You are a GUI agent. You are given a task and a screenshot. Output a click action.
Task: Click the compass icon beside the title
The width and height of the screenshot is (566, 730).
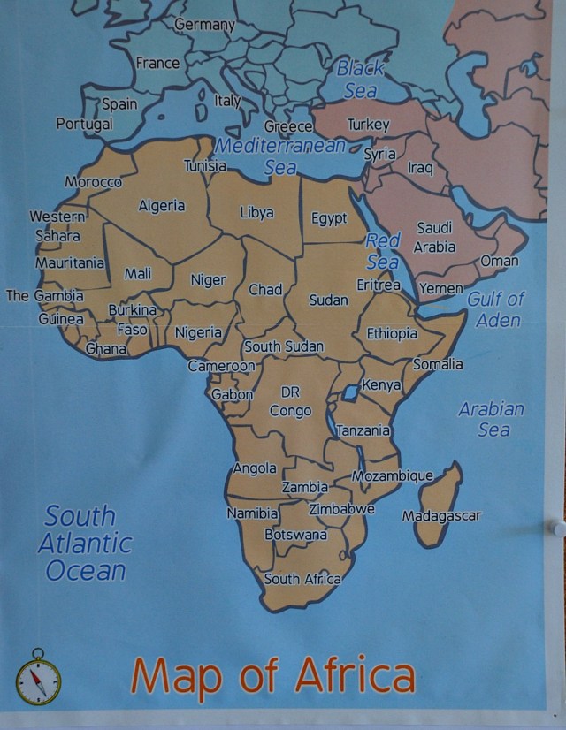coord(38,678)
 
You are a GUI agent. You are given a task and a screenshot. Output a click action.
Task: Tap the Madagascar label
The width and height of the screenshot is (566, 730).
coord(441,515)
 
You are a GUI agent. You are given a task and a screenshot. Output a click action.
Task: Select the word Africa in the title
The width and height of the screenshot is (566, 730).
coord(355,675)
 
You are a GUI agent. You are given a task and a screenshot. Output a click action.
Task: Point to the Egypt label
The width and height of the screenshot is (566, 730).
coord(329,218)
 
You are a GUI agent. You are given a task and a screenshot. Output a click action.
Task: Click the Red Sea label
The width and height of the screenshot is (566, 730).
coord(382,251)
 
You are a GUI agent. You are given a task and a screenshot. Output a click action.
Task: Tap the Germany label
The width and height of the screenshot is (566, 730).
coord(204,25)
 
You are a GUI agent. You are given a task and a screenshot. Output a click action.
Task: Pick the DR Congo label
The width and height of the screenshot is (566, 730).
coord(290,401)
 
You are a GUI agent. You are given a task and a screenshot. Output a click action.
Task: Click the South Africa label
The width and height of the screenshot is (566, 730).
coord(302,579)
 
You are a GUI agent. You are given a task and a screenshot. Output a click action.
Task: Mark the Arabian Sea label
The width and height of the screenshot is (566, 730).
coord(492,419)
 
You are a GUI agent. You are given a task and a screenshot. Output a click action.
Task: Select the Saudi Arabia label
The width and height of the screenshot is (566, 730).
coord(434,238)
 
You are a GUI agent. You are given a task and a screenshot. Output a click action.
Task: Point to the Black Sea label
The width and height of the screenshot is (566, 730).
coord(360,79)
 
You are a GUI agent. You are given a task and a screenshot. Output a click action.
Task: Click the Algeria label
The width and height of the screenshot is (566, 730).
coord(162,206)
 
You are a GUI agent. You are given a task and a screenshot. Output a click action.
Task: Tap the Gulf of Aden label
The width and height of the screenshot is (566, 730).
coord(496,309)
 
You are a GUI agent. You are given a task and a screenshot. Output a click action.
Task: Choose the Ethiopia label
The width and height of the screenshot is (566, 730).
coord(392,334)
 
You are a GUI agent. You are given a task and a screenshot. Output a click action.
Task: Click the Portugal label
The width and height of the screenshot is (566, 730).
coord(84,124)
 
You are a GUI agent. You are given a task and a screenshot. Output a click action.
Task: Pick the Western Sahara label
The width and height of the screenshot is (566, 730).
coord(57,226)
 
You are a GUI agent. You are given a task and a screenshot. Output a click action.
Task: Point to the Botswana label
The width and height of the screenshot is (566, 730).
coord(295,535)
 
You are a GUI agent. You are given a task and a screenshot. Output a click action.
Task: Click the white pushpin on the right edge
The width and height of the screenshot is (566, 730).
coord(558,528)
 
